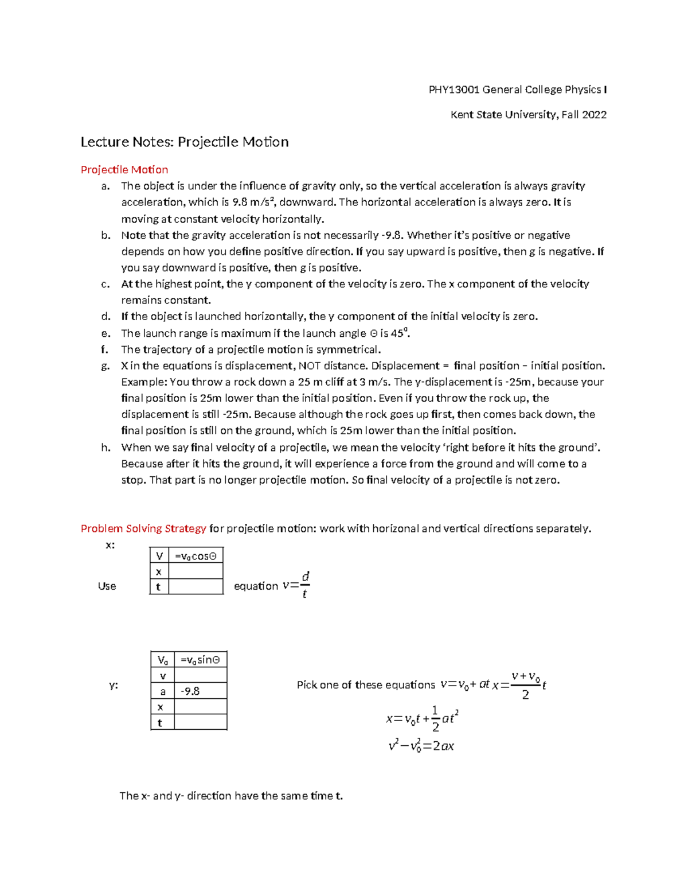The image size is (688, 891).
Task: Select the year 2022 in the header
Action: click(x=594, y=115)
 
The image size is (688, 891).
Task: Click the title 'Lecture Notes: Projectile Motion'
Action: click(x=184, y=142)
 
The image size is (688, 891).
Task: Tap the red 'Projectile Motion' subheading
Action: click(x=124, y=170)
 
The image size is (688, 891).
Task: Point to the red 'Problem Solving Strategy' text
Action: click(x=143, y=528)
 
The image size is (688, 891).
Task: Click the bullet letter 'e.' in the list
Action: click(x=105, y=333)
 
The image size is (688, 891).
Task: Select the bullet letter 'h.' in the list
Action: click(x=105, y=448)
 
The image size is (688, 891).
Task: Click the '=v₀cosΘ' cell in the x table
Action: click(x=196, y=556)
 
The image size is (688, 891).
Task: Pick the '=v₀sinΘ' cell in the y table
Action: click(x=200, y=660)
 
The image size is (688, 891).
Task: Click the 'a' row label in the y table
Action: click(x=162, y=691)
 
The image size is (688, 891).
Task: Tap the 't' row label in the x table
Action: click(x=158, y=586)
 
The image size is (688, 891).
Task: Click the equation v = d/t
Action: click(x=296, y=585)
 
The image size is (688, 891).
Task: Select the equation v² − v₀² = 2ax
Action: click(x=421, y=746)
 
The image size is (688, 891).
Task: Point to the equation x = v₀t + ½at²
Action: click(x=422, y=718)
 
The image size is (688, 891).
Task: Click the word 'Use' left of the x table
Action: click(x=107, y=586)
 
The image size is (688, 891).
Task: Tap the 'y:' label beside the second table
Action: click(x=114, y=685)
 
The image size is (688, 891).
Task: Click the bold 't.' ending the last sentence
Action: click(x=339, y=796)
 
